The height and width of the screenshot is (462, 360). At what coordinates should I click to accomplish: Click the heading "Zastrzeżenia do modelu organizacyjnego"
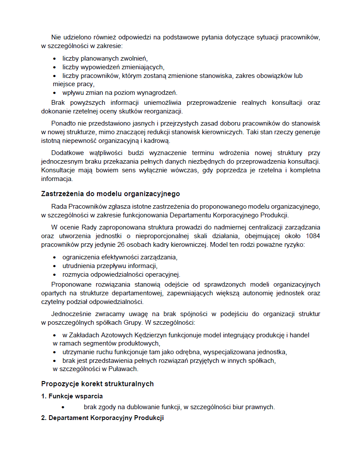click(110, 194)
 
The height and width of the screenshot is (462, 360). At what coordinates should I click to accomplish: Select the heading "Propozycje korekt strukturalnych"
click(97, 384)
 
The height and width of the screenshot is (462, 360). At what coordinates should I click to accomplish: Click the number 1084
click(313, 236)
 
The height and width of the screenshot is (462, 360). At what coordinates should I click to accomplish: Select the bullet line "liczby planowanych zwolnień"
click(105, 58)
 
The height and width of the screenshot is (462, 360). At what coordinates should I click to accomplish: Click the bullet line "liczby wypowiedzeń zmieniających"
click(113, 67)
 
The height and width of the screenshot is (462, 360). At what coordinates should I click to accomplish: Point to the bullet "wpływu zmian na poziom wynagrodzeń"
click(120, 93)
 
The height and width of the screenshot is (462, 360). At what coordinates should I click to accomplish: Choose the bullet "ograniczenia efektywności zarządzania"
click(120, 257)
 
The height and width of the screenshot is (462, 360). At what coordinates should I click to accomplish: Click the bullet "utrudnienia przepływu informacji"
click(110, 266)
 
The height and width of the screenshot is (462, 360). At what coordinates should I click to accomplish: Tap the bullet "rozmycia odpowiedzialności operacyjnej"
click(121, 275)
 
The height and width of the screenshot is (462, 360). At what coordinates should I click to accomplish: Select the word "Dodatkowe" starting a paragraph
click(67, 153)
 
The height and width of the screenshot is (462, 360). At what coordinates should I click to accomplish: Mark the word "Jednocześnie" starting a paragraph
click(71, 314)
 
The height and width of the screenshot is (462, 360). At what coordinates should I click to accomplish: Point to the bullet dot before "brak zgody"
click(63, 407)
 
